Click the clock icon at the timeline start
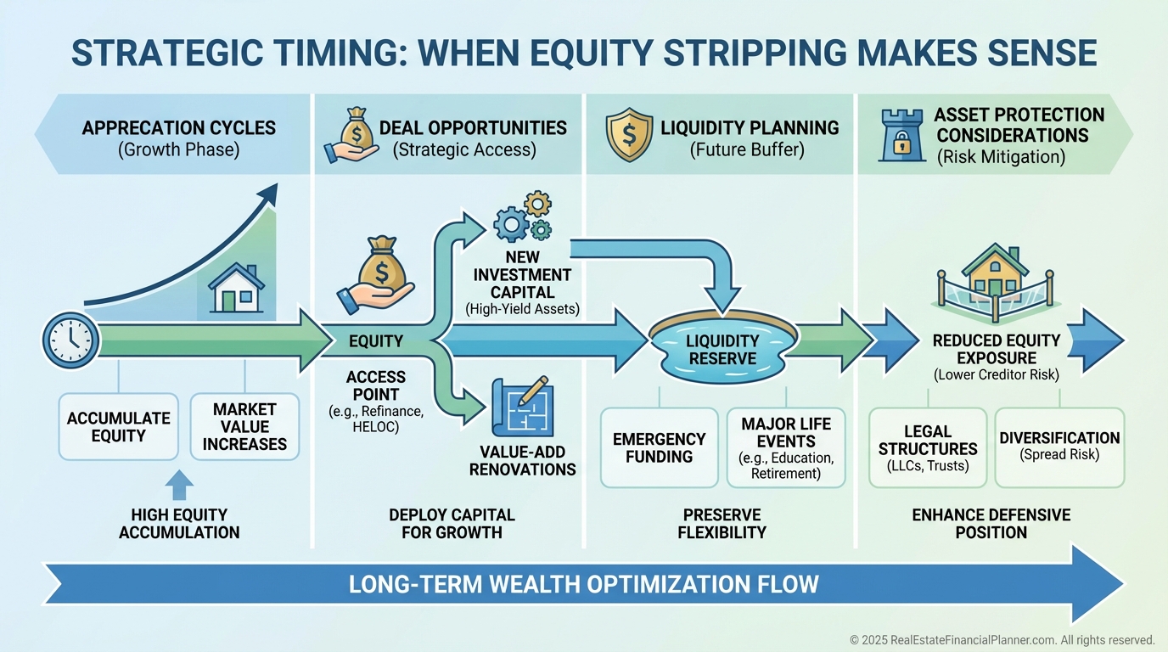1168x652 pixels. pyautogui.click(x=70, y=340)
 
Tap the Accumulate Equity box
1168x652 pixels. pyautogui.click(x=118, y=427)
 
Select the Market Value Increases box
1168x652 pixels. pyautogui.click(x=244, y=427)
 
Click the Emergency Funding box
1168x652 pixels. pyautogui.click(x=659, y=447)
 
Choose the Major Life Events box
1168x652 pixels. pyautogui.click(x=786, y=447)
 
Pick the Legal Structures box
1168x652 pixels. pyautogui.click(x=928, y=447)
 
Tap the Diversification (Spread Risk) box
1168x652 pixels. pyautogui.click(x=1059, y=447)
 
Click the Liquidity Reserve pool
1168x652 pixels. pyautogui.click(x=722, y=347)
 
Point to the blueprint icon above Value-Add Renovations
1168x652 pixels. pyautogui.click(x=522, y=407)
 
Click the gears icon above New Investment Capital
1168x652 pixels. pyautogui.click(x=523, y=216)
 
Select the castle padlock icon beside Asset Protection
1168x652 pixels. pyautogui.click(x=902, y=135)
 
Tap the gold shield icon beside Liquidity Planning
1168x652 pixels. pyautogui.click(x=629, y=135)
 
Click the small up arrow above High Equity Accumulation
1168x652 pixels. pyautogui.click(x=179, y=485)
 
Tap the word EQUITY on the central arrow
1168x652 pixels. pyautogui.click(x=376, y=341)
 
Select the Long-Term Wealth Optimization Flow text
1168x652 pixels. pyautogui.click(x=583, y=584)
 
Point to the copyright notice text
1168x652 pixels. pyautogui.click(x=1002, y=640)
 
